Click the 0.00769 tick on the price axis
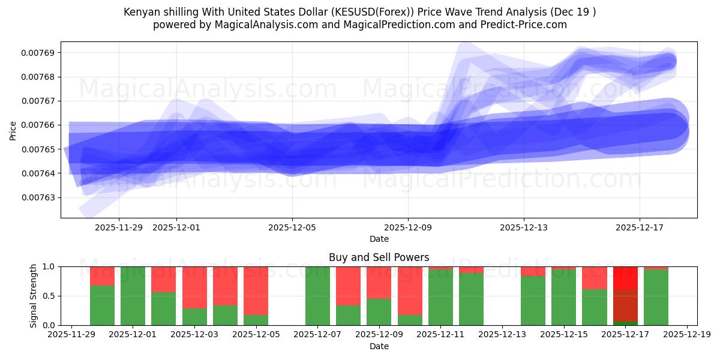[38, 53]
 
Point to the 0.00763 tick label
[38, 197]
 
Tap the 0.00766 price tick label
[38, 125]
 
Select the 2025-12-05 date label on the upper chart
[292, 228]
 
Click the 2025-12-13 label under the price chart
[524, 228]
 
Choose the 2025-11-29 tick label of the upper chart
[119, 228]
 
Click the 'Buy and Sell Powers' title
[379, 257]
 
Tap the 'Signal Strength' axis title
[34, 295]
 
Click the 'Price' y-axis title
[13, 130]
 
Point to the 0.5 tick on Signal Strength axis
[48, 296]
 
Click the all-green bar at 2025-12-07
[318, 296]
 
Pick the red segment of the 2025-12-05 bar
[256, 290]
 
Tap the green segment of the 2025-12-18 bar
[656, 297]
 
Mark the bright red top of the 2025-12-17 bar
[625, 277]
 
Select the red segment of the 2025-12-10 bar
[410, 290]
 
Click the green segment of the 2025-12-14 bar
[533, 300]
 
